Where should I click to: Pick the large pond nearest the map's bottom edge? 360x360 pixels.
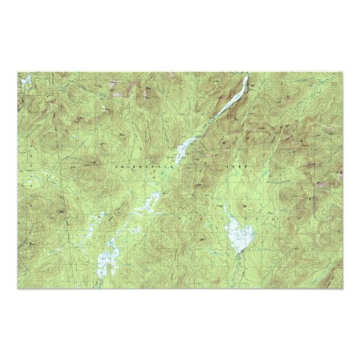(x=105, y=262)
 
